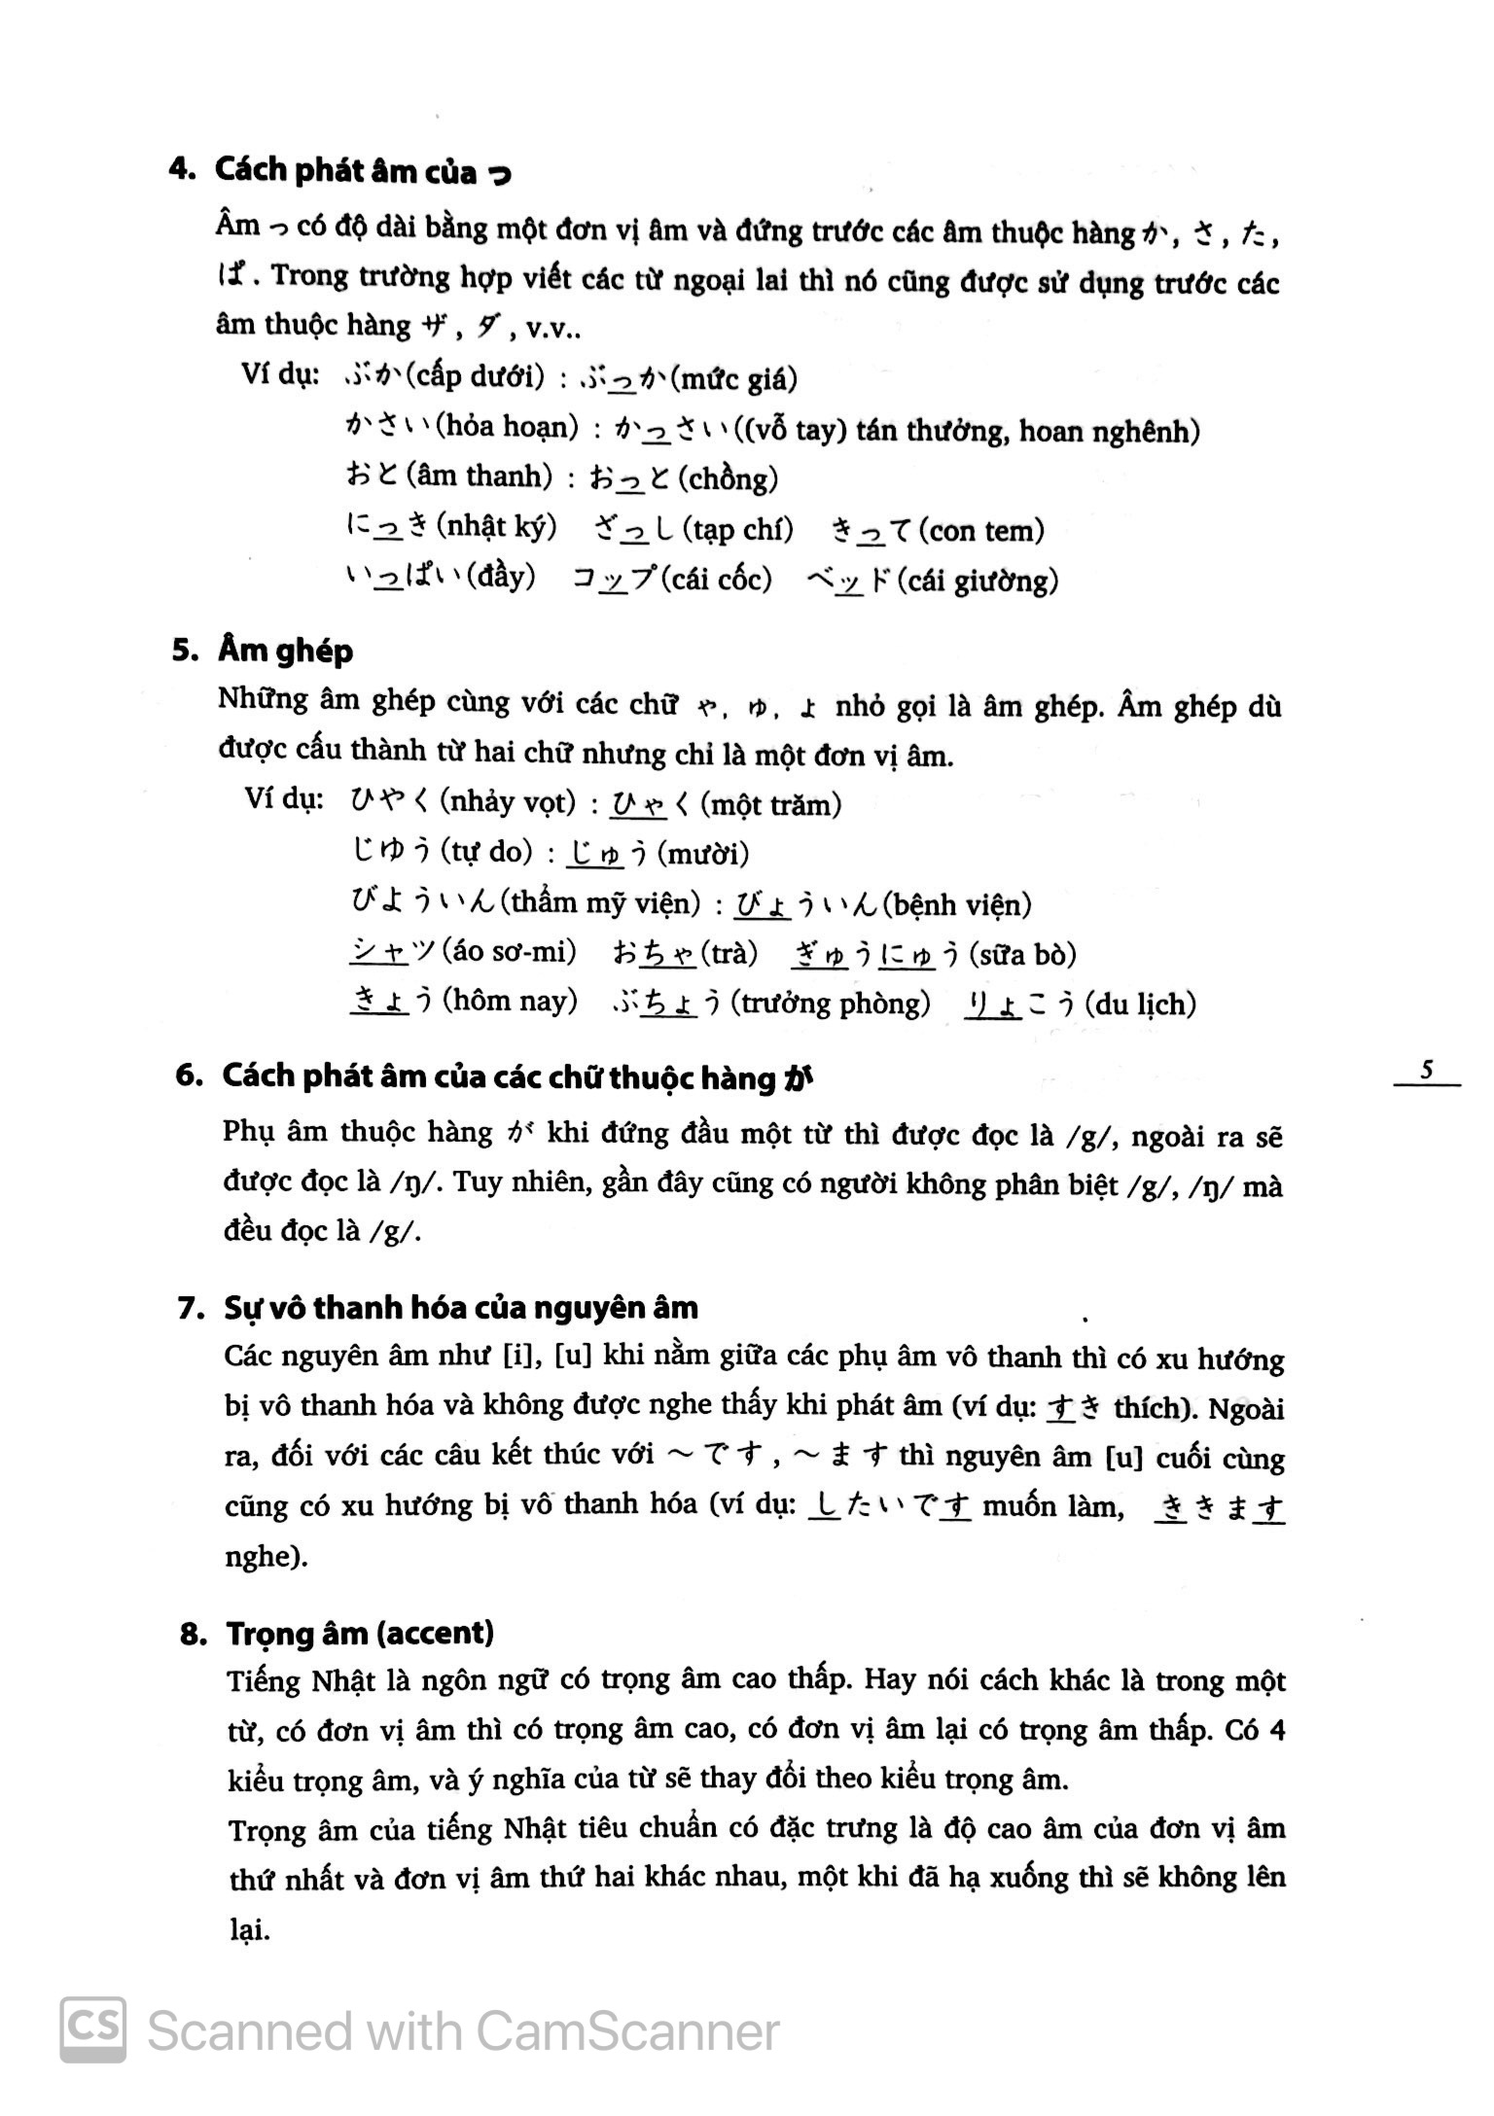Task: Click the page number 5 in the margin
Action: coord(1427,1071)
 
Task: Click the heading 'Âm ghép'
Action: coord(285,651)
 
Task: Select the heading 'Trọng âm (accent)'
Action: coord(360,1633)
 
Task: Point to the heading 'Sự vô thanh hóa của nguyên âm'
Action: coord(460,1308)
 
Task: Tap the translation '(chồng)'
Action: coord(729,478)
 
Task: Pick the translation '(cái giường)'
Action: coord(978,582)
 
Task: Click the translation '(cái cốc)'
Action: coord(716,580)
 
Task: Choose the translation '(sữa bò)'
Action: coord(1022,954)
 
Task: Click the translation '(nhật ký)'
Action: coord(496,527)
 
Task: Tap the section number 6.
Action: coord(189,1076)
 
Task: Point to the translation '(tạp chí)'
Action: coord(737,530)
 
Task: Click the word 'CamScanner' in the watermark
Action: coord(627,2031)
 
